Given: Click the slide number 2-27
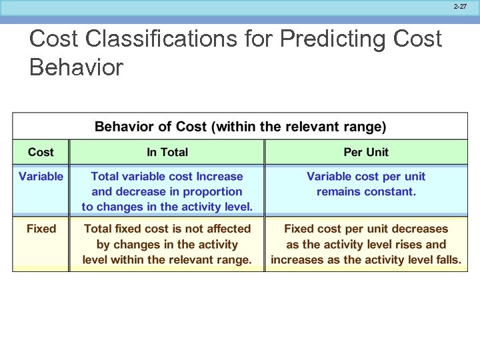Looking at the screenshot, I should pos(460,6).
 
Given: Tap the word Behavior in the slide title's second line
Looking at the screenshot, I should pos(77,67).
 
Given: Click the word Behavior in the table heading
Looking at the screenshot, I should pos(124,127).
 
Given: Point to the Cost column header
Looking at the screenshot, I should pos(41,152).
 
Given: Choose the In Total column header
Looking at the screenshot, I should pos(167,152).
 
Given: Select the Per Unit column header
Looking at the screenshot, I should pos(366,152).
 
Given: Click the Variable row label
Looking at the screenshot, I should pos(41,176).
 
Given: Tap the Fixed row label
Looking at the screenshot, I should pos(41,229).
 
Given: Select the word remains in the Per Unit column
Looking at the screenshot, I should pos(341,191).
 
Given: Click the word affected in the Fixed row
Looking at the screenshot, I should pos(226,229).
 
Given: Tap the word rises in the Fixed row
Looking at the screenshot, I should pos(407,245).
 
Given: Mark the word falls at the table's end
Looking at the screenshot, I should pos(447,260).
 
